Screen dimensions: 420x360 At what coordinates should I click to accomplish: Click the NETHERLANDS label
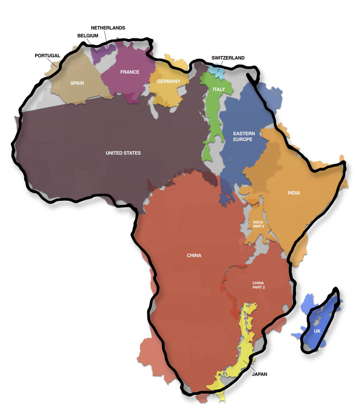click(108, 28)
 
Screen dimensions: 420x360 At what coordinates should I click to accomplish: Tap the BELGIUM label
click(87, 35)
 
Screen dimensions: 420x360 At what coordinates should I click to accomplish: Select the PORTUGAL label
click(48, 56)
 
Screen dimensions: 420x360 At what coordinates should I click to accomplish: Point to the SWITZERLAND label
click(228, 58)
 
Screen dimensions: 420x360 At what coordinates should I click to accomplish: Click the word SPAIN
click(77, 83)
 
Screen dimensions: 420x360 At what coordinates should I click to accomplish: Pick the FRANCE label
click(130, 72)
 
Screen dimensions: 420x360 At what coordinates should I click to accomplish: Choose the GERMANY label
click(168, 81)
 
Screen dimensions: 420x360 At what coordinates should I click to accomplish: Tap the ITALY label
click(219, 89)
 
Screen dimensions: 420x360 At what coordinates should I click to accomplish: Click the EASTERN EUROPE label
click(244, 136)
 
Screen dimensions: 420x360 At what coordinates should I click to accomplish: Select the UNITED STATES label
click(123, 153)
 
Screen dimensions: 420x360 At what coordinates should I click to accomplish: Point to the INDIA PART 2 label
click(258, 224)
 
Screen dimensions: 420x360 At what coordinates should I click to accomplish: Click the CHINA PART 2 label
click(258, 285)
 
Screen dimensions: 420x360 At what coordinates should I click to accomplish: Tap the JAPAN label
click(260, 374)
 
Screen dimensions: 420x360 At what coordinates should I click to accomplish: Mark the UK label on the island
click(318, 331)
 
